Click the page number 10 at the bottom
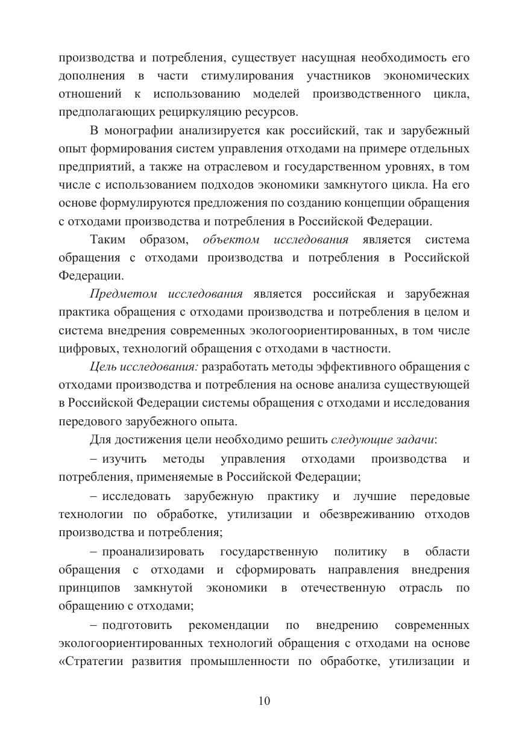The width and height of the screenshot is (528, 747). coord(264,701)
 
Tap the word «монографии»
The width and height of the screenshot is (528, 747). coord(136,131)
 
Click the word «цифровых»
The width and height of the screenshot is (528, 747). coord(85,348)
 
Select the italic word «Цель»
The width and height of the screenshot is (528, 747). coord(102,366)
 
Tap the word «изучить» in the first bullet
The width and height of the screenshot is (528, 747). coord(125,459)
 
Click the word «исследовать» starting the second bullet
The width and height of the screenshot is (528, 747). coord(136,496)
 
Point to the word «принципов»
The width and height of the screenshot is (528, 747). coord(89,588)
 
